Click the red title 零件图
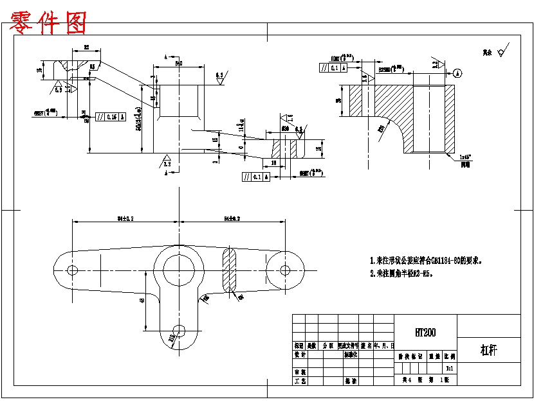click(x=49, y=23)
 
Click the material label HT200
click(x=425, y=333)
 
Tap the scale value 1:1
click(x=450, y=369)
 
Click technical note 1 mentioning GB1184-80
click(x=426, y=261)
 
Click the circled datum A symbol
click(x=457, y=73)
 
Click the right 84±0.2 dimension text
click(x=231, y=218)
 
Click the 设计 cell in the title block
click(x=300, y=354)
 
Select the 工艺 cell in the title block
click(x=300, y=381)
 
